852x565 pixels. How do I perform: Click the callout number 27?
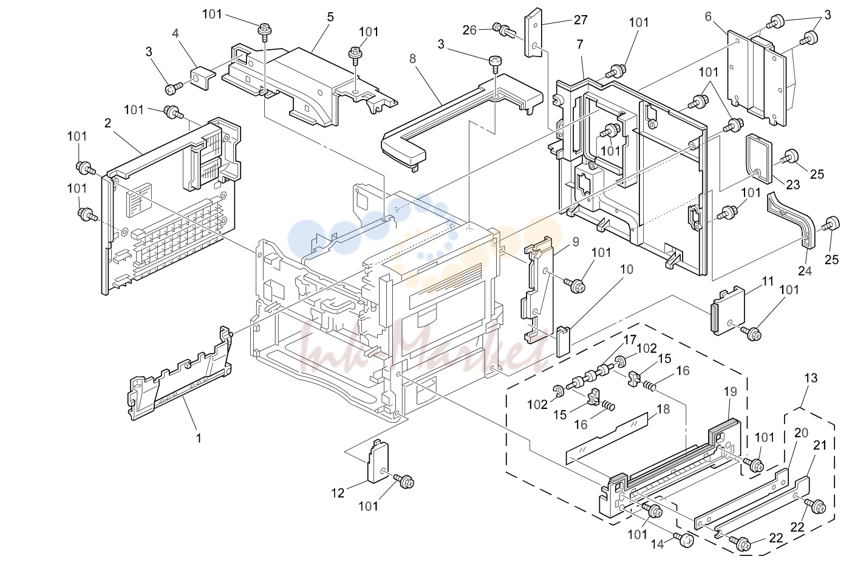(581, 20)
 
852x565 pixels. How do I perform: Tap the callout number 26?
(470, 30)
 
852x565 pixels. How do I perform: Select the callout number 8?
(413, 58)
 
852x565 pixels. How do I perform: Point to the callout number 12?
(338, 493)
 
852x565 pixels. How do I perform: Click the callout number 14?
(657, 544)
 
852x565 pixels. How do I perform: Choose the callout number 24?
(805, 271)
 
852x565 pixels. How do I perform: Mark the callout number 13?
(811, 378)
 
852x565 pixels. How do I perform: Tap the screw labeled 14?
(684, 540)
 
